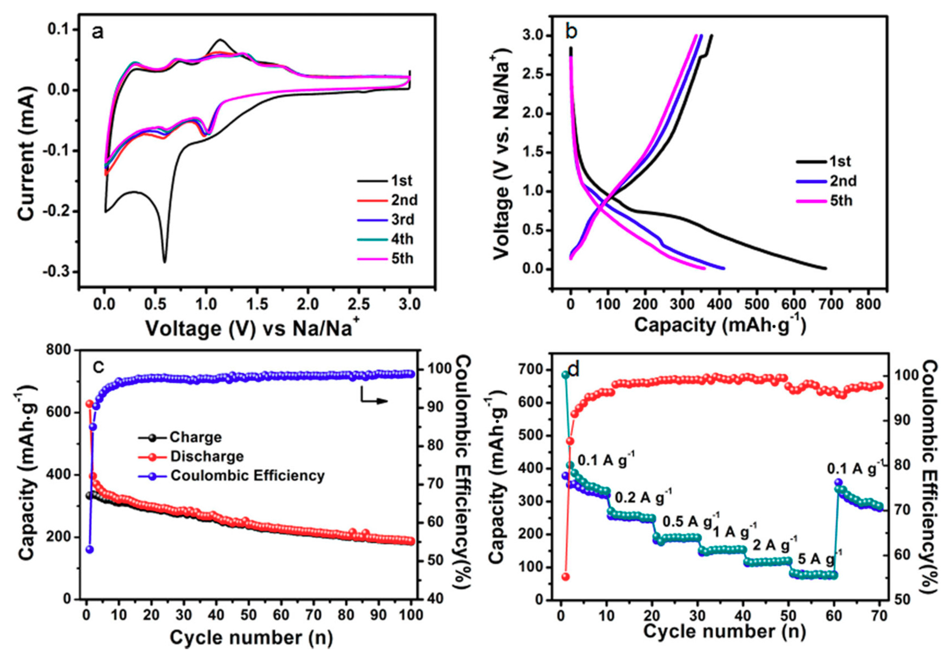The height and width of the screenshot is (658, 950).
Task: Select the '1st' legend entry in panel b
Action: pyautogui.click(x=839, y=162)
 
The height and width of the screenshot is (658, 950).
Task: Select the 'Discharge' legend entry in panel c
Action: pyautogui.click(x=207, y=456)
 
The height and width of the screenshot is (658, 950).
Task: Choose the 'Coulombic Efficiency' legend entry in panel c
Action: pyautogui.click(x=247, y=476)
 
